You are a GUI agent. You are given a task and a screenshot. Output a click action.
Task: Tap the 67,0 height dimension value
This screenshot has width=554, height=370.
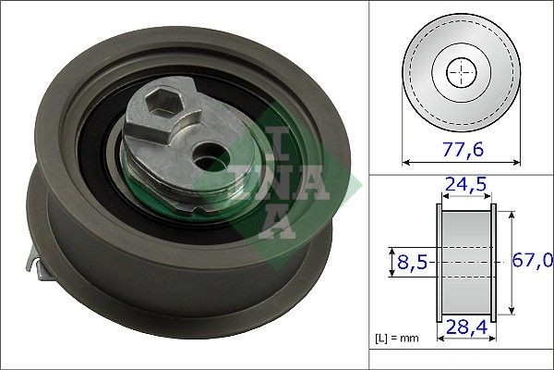(533, 263)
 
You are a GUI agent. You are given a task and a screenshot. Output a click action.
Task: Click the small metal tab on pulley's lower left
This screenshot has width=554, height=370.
(39, 267)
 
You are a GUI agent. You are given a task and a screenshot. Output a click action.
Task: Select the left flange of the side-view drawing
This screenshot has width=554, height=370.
(440, 262)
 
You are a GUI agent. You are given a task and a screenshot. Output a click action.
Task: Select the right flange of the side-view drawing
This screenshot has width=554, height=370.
(492, 262)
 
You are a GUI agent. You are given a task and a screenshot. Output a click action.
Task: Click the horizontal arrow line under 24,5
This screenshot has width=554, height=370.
(465, 198)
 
